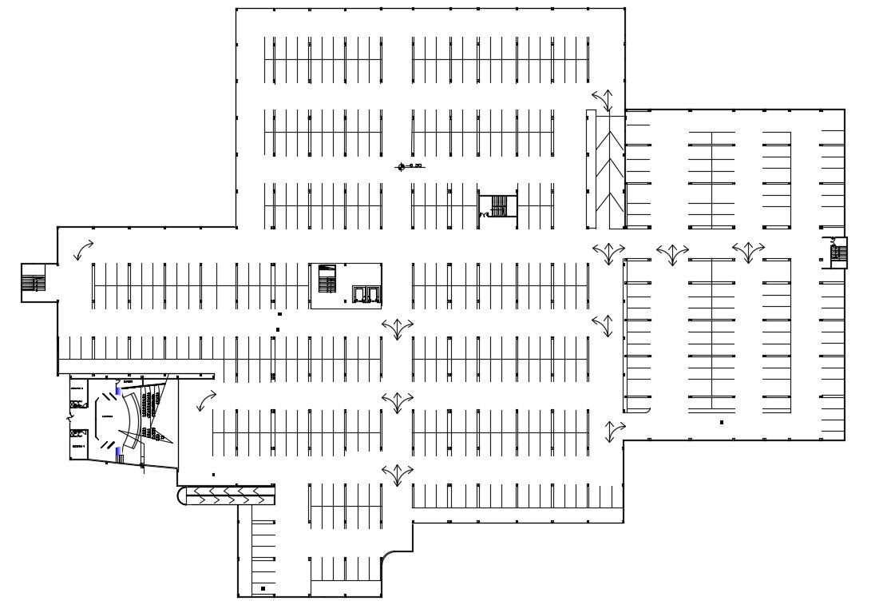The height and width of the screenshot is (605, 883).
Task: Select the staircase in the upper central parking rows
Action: click(x=497, y=206)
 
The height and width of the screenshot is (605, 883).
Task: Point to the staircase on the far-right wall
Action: click(x=837, y=253)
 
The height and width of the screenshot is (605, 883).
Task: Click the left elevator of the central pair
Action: click(x=358, y=294)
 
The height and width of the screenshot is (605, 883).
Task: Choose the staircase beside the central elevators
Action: click(x=327, y=279)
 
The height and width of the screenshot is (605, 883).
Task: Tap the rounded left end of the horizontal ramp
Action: click(x=182, y=496)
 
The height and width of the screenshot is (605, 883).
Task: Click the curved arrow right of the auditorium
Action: click(x=206, y=399)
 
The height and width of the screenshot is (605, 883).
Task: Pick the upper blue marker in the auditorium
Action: click(x=119, y=391)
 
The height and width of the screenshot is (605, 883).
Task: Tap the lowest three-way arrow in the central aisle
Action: click(x=397, y=474)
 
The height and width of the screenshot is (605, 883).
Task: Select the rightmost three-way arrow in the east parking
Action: click(x=748, y=252)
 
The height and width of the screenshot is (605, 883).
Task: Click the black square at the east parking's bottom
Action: click(x=722, y=422)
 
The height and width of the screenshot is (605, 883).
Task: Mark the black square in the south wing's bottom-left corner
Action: click(x=263, y=588)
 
